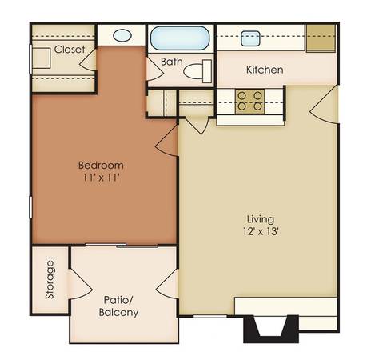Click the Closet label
click(70, 50)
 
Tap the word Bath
click(172, 62)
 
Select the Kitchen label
click(265, 70)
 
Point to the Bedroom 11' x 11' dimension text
click(101, 171)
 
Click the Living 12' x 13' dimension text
click(261, 226)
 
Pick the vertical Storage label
click(50, 279)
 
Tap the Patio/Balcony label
click(118, 306)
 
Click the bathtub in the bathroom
click(179, 38)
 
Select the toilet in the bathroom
click(197, 71)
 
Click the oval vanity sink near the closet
click(122, 35)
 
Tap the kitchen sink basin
click(250, 38)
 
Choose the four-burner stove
click(249, 102)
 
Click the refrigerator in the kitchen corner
click(321, 38)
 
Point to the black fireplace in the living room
click(271, 329)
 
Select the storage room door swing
click(80, 284)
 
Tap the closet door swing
click(88, 61)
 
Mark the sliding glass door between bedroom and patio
click(122, 246)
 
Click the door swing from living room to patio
click(167, 283)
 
